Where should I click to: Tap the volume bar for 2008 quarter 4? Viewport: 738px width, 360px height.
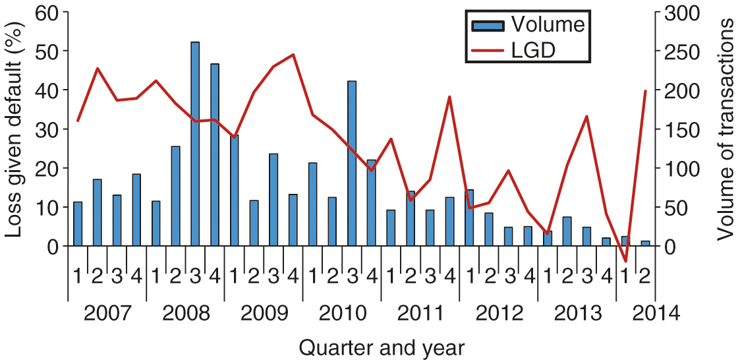pos(215,155)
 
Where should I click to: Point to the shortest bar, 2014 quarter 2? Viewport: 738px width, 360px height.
pos(646,243)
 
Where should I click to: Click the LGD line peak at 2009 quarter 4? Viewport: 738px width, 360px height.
pos(293,55)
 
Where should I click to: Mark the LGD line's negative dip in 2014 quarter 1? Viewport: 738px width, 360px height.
pos(626,261)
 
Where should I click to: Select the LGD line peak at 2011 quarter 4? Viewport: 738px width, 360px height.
pos(449,97)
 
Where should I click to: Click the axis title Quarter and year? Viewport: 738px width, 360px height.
pos(382,346)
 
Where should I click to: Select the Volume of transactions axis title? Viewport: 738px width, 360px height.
pos(724,129)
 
